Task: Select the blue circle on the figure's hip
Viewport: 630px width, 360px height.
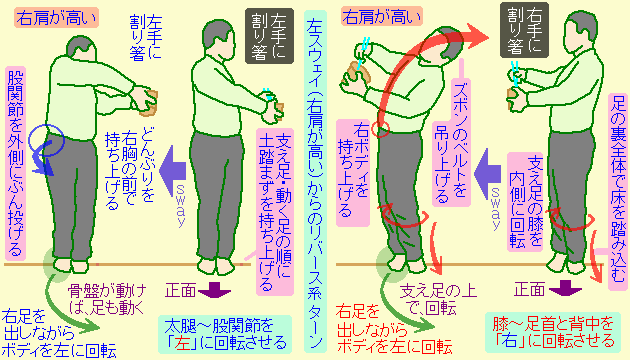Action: (46, 144)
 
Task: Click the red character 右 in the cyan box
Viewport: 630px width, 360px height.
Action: (539, 342)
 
